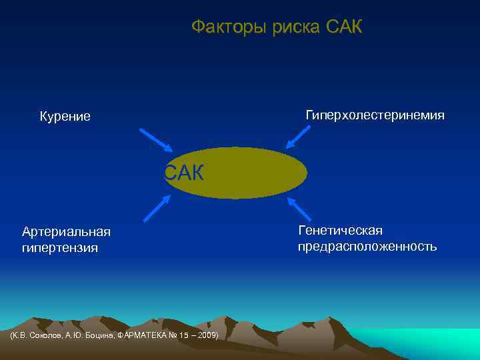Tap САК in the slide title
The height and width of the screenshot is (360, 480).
pyautogui.click(x=345, y=27)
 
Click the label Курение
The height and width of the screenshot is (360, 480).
pyautogui.click(x=65, y=117)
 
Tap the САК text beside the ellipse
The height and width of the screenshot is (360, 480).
pyautogui.click(x=185, y=172)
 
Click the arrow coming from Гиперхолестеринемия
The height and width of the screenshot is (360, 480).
pyautogui.click(x=298, y=136)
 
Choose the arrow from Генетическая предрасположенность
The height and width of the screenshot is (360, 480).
pyautogui.click(x=300, y=209)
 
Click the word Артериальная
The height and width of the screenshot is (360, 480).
pyautogui.click(x=66, y=232)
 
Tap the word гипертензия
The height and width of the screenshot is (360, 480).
pyautogui.click(x=60, y=248)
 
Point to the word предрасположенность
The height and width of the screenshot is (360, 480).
pyautogui.click(x=367, y=247)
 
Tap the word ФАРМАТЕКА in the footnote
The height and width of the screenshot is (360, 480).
pyautogui.click(x=143, y=335)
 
